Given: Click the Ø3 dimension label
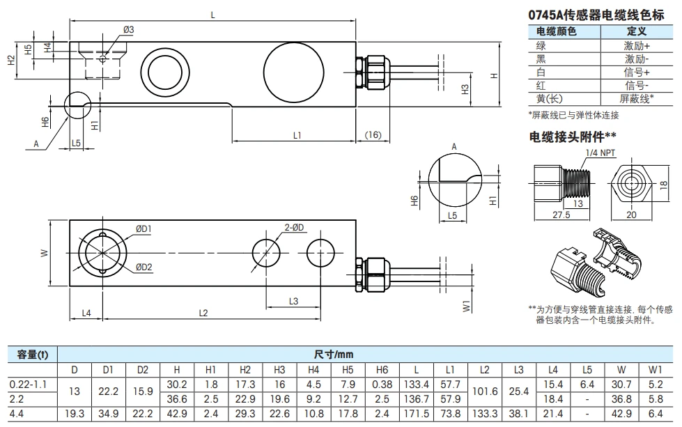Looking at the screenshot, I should [128, 29].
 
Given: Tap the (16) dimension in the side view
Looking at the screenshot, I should [373, 134].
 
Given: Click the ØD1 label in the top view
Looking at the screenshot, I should [144, 228].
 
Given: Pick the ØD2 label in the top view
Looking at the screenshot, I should [144, 267].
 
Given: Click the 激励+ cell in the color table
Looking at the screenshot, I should [637, 45].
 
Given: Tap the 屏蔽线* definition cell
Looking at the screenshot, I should [637, 98].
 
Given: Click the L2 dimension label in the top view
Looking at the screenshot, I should [203, 313].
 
